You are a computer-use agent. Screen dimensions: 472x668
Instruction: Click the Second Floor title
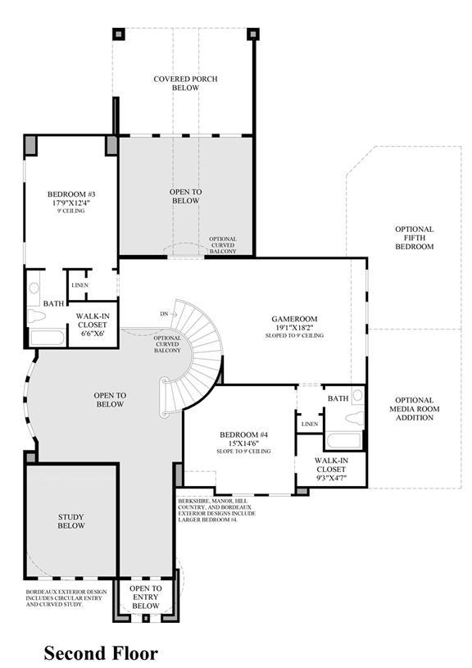(101, 653)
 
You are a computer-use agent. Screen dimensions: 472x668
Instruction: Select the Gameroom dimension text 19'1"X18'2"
(294, 327)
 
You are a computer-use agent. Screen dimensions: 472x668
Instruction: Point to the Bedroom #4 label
(243, 435)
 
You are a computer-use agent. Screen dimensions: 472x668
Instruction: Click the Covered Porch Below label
(185, 83)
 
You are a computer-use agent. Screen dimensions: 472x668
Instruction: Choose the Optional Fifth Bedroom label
(415, 238)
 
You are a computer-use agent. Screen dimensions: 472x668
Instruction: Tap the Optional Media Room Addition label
(415, 408)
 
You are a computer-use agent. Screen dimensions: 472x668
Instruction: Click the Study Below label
(71, 521)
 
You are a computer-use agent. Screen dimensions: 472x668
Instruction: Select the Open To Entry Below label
(146, 597)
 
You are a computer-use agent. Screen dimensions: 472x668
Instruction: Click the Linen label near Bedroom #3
(80, 285)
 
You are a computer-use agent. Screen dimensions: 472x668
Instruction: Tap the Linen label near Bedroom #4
(310, 424)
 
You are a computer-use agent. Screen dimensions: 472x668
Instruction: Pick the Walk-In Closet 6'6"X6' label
(93, 325)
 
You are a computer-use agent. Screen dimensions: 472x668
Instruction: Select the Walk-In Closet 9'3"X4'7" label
(331, 469)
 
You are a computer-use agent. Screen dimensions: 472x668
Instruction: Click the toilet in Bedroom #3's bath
(37, 316)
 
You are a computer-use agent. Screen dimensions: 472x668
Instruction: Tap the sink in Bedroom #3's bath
(34, 288)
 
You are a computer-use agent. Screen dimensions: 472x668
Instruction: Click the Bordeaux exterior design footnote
(66, 598)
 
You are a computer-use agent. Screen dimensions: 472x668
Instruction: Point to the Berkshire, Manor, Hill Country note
(217, 511)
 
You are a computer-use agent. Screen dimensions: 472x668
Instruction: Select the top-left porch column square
(119, 34)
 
